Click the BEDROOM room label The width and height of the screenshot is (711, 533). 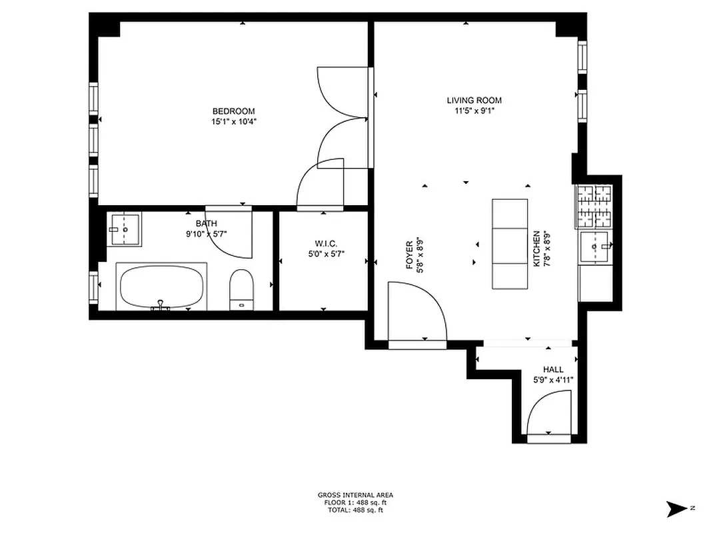[x=233, y=111]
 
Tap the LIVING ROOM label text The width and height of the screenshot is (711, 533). [x=474, y=101]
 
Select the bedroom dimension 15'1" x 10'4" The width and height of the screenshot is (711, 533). [x=233, y=121]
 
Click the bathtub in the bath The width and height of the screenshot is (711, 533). [x=161, y=286]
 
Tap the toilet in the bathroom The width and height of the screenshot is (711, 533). [x=241, y=290]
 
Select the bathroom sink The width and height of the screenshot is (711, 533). [x=125, y=229]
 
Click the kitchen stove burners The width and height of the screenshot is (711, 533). [x=594, y=206]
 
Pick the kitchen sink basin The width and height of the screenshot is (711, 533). [x=595, y=247]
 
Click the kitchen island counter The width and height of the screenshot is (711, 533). [x=510, y=244]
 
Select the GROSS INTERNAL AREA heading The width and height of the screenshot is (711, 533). [x=355, y=495]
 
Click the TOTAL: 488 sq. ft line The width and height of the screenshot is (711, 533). [x=355, y=510]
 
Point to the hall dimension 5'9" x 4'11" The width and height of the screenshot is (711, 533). [x=553, y=380]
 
